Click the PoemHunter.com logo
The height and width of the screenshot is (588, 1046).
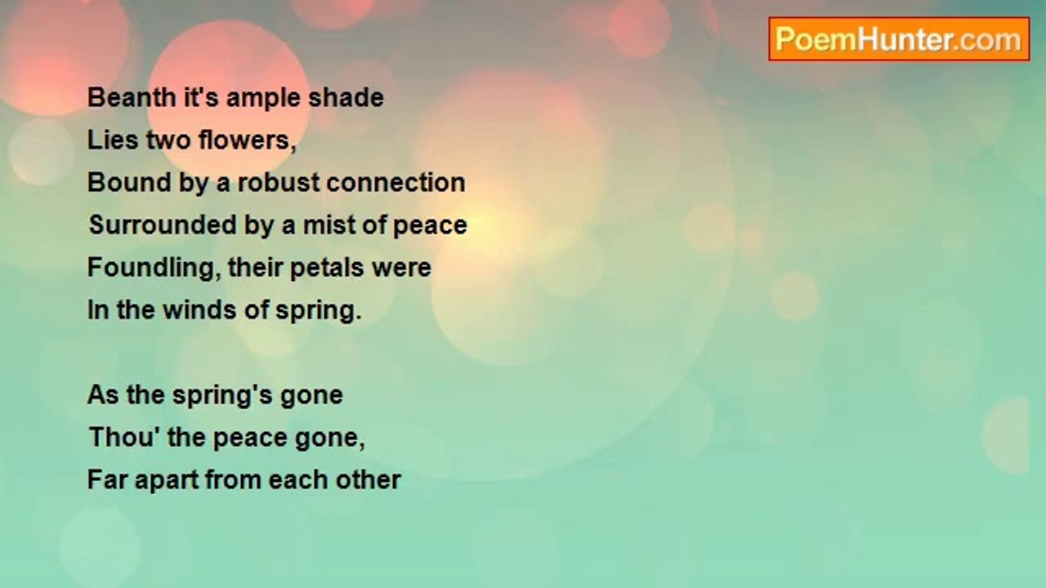(899, 39)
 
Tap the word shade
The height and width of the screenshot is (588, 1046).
(346, 98)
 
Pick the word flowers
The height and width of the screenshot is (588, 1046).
(247, 140)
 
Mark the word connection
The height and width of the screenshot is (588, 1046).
(396, 183)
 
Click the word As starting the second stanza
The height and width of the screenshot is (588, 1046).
(103, 394)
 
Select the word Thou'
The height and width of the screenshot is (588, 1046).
(123, 437)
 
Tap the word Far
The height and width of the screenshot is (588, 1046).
(107, 479)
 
